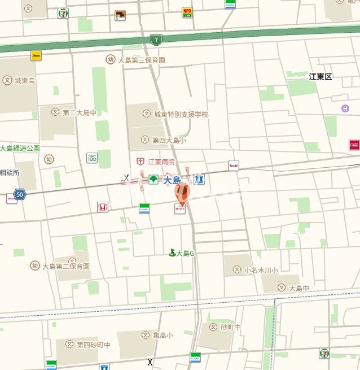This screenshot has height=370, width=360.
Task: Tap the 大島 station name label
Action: coord(172,180)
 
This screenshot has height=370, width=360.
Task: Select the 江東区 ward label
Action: coord(321,77)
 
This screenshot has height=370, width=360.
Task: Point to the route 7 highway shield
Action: coord(155,40)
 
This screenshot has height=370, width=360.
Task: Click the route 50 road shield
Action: coord(20,194)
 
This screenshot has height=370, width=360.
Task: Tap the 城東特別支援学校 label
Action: coord(181,114)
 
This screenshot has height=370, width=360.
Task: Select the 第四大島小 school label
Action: coord(169,140)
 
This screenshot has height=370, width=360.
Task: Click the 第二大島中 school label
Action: coord(79,112)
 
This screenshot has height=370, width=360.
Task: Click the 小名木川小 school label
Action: coord(261,271)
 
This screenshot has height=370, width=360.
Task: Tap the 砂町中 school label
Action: coord(230,327)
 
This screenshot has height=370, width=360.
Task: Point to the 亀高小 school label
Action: coord(163,334)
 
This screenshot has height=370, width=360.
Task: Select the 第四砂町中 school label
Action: coord(94,345)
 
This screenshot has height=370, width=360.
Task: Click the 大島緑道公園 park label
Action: coord(20,148)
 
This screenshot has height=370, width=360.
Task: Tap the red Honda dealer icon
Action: coord(103,207)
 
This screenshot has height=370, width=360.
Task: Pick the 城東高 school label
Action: coord(25,81)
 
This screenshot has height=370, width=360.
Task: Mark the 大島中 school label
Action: coord(299,288)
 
